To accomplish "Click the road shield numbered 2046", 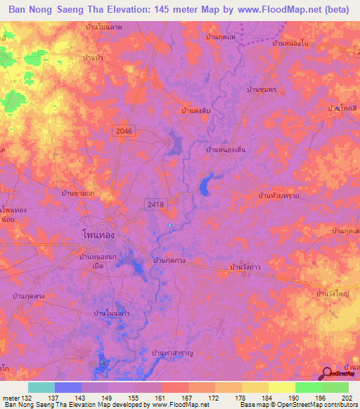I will coord(125,131).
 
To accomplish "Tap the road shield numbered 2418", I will coord(155,204).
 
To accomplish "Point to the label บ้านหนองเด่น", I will coord(226,150).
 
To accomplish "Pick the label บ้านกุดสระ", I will coord(28,297).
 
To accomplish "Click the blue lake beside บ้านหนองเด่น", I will coord(206,186).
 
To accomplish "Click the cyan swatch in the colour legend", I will coord(41,387).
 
